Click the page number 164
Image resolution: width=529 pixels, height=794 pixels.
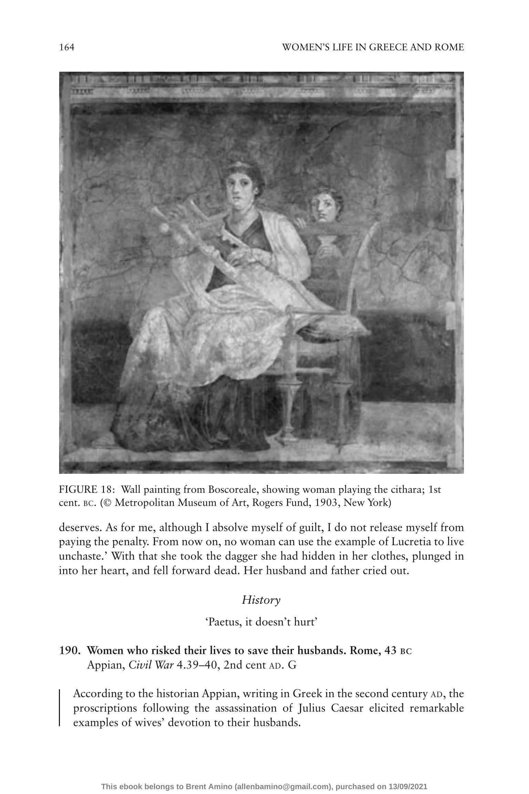click(67, 47)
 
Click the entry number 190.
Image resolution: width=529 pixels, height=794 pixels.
click(70, 651)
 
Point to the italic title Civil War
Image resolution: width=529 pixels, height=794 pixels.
click(151, 665)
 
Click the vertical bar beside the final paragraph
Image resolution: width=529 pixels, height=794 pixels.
click(60, 708)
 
